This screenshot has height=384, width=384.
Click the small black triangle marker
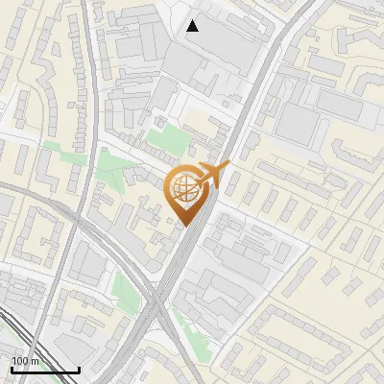(x=193, y=26)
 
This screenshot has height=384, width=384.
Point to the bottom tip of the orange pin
(x=184, y=227)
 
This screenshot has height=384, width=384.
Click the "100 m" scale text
(x=25, y=361)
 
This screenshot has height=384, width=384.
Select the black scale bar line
(x=45, y=370)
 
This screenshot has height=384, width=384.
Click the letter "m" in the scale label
(x=36, y=361)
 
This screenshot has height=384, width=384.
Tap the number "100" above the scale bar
(x=20, y=361)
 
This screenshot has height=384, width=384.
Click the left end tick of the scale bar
(x=12, y=369)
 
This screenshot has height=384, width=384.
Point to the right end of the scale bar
(x=79, y=369)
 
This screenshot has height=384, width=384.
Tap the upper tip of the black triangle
(x=193, y=20)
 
